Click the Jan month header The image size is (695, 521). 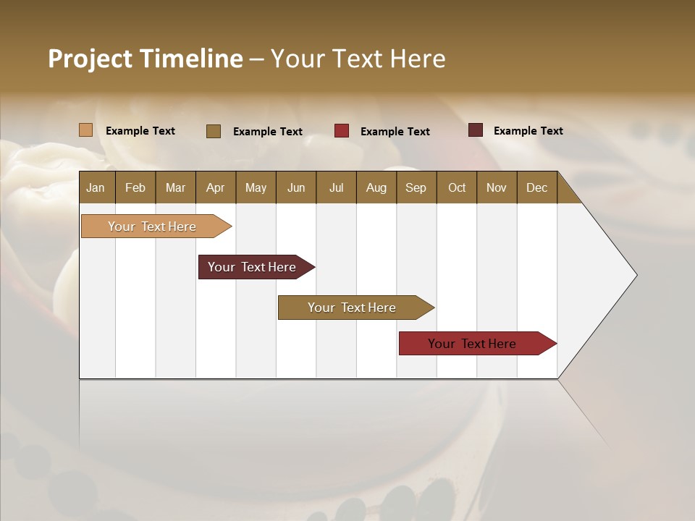click(x=96, y=187)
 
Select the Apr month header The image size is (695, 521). click(x=215, y=187)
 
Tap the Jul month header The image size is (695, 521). click(x=336, y=187)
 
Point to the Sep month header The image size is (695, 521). click(x=416, y=187)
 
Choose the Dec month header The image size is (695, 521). click(x=536, y=187)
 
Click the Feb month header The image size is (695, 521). click(x=135, y=187)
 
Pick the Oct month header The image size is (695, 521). click(x=457, y=187)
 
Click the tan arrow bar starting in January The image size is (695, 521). click(x=152, y=226)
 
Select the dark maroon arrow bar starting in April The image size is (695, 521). click(x=252, y=267)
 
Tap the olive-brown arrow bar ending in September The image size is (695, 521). click(x=352, y=308)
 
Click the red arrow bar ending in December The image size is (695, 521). click(x=472, y=344)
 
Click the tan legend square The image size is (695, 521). click(x=86, y=130)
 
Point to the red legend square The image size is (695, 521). click(x=342, y=131)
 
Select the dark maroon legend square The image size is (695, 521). click(x=476, y=130)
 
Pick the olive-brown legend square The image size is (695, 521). click(x=214, y=131)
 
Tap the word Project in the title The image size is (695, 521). click(x=90, y=59)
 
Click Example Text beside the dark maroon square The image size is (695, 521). click(x=528, y=131)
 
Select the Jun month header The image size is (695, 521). click(x=296, y=187)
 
